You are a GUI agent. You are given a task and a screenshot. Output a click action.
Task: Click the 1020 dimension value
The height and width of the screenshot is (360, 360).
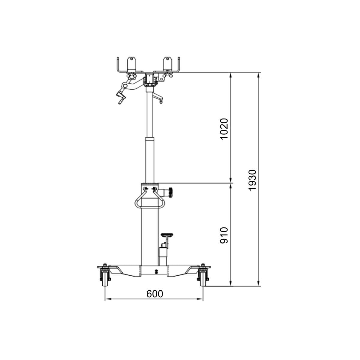tap(224, 129)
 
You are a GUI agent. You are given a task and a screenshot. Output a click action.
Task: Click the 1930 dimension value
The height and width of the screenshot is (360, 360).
tap(252, 180)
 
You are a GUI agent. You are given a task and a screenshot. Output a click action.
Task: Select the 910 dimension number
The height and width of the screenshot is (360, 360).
tap(224, 235)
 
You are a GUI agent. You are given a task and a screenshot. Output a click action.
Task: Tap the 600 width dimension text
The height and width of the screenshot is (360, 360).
tap(155, 294)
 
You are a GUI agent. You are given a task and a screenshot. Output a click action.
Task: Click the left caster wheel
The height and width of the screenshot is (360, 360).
tap(105, 280)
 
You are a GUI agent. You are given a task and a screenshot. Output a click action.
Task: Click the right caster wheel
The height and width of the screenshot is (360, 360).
tap(203, 280)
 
